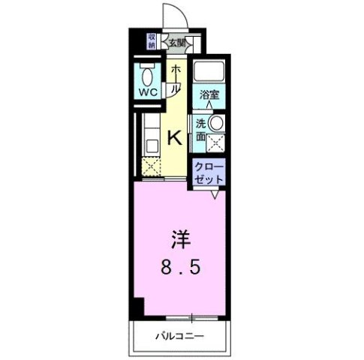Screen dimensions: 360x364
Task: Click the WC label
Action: pos(147,93)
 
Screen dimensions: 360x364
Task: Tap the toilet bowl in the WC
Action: pos(147,75)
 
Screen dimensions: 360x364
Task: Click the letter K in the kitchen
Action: pos(173,137)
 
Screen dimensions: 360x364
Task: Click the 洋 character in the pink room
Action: pos(181,241)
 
